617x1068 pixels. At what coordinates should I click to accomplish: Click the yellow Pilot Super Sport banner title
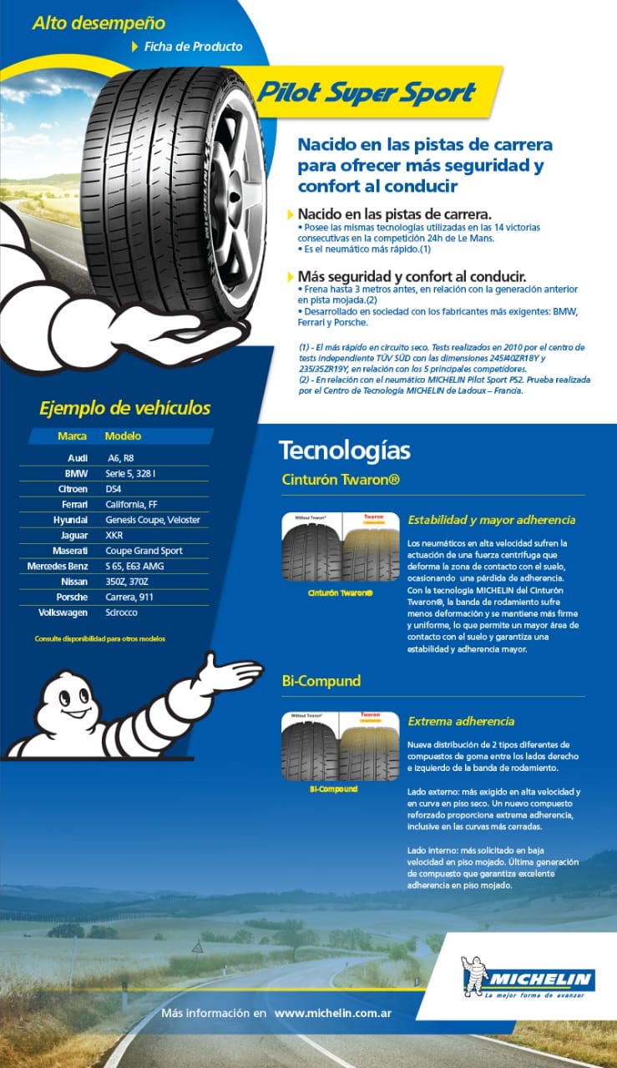(366, 93)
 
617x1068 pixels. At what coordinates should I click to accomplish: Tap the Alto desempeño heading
(99, 23)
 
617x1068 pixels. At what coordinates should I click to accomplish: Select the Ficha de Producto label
(193, 47)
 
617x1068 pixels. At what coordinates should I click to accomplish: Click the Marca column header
(73, 436)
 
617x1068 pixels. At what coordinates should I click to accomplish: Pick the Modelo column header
(123, 436)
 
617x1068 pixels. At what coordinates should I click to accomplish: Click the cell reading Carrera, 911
(129, 597)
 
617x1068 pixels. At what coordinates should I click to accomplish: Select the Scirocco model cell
(122, 612)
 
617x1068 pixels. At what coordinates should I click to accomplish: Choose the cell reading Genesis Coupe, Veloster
(153, 520)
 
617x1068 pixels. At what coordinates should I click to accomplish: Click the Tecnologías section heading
(344, 451)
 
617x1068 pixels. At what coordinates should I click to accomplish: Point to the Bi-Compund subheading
(321, 681)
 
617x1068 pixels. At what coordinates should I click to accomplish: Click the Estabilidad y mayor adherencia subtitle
(491, 520)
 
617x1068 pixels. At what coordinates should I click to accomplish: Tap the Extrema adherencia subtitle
(461, 721)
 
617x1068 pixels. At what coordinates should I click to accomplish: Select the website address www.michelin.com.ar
(333, 1013)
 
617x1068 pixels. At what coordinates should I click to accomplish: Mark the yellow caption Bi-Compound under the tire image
(333, 788)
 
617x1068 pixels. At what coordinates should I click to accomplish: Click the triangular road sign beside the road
(197, 947)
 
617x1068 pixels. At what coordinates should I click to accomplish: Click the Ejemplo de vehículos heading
(125, 409)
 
